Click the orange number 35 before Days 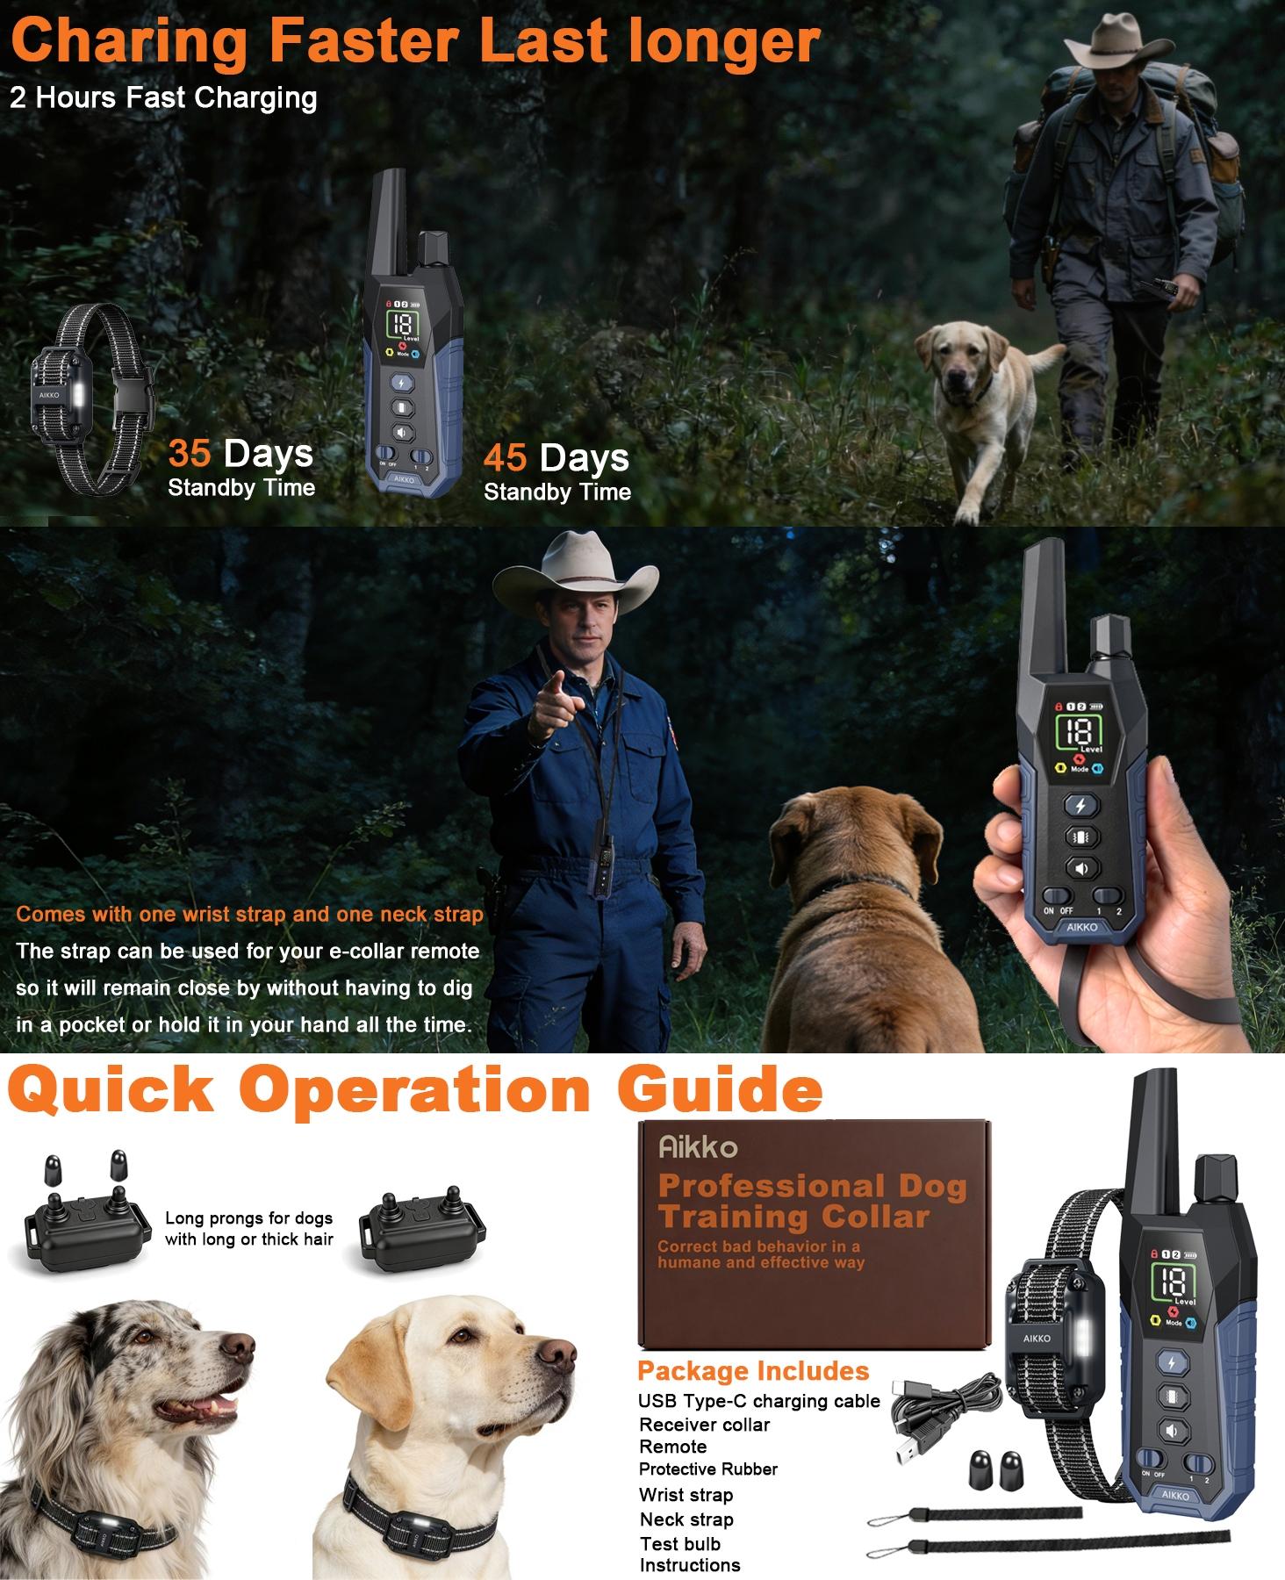click(189, 454)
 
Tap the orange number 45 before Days click(505, 458)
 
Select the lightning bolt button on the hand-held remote click(1080, 805)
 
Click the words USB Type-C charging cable click(758, 1401)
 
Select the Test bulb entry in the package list click(679, 1543)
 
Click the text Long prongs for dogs click(248, 1218)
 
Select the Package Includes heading click(752, 1371)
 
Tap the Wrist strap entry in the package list click(686, 1495)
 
